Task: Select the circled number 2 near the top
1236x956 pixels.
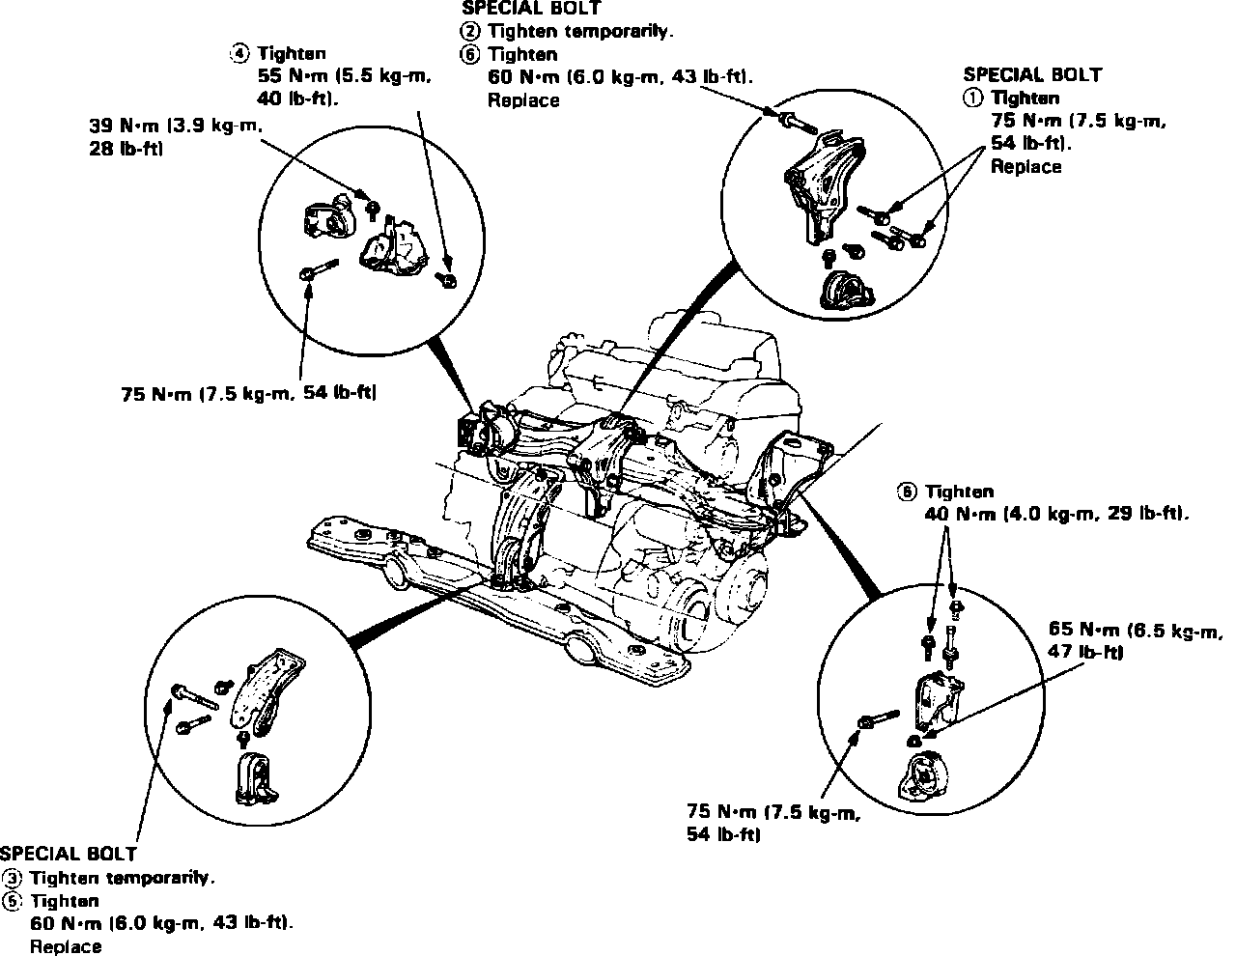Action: click(470, 31)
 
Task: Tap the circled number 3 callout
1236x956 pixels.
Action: click(13, 878)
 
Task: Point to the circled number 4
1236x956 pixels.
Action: click(239, 54)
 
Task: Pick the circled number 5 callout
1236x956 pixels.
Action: click(13, 900)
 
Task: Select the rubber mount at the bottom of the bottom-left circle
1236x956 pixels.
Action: click(254, 779)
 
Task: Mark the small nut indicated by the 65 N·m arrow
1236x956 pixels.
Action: click(913, 740)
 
